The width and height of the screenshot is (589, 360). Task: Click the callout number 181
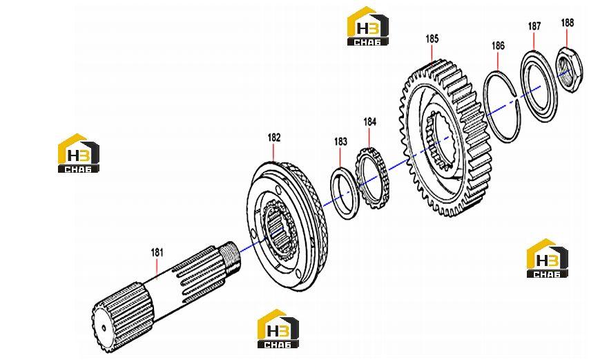coord(157,252)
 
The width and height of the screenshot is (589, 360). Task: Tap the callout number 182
coord(274,138)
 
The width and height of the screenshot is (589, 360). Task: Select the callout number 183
coord(340,142)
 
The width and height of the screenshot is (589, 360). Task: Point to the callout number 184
coord(369,122)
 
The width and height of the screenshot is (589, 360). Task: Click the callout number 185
coord(432,39)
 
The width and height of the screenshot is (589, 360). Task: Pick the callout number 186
coord(498,46)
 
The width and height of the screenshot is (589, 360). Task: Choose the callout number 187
coord(534,26)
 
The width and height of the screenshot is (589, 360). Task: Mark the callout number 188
coord(567,23)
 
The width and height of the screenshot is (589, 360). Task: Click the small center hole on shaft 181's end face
coord(104,328)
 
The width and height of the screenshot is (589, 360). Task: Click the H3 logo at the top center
coord(367,26)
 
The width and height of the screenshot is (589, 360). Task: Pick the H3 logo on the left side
coord(79,153)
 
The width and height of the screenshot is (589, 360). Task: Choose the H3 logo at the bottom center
coord(278,329)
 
